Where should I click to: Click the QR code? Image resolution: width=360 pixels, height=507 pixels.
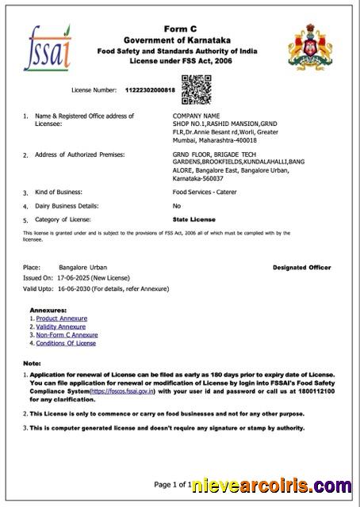196,89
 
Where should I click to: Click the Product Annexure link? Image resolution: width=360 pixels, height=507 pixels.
62,318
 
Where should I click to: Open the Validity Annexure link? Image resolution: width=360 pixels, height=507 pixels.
61,326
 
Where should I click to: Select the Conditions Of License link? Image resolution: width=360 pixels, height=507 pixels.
66,343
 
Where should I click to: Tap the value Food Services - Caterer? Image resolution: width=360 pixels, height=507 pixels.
205,192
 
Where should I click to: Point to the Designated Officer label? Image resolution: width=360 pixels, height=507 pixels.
301,268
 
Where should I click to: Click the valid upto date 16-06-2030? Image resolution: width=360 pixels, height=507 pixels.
74,290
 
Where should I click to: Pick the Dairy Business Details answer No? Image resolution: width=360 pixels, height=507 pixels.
177,205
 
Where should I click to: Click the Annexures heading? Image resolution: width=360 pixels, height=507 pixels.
48,309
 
